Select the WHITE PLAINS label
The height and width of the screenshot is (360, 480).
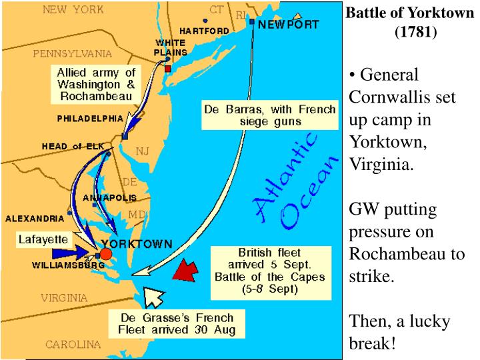170,47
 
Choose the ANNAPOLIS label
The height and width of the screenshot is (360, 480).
110,198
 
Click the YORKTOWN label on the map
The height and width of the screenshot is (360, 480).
136,244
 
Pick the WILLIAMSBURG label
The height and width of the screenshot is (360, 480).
68,265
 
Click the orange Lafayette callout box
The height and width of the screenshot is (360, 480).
43,239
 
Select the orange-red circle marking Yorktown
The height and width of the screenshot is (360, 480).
105,254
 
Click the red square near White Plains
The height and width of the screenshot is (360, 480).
168,69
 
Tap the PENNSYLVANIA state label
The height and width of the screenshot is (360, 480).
73,53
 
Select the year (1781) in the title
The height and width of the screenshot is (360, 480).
415,31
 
